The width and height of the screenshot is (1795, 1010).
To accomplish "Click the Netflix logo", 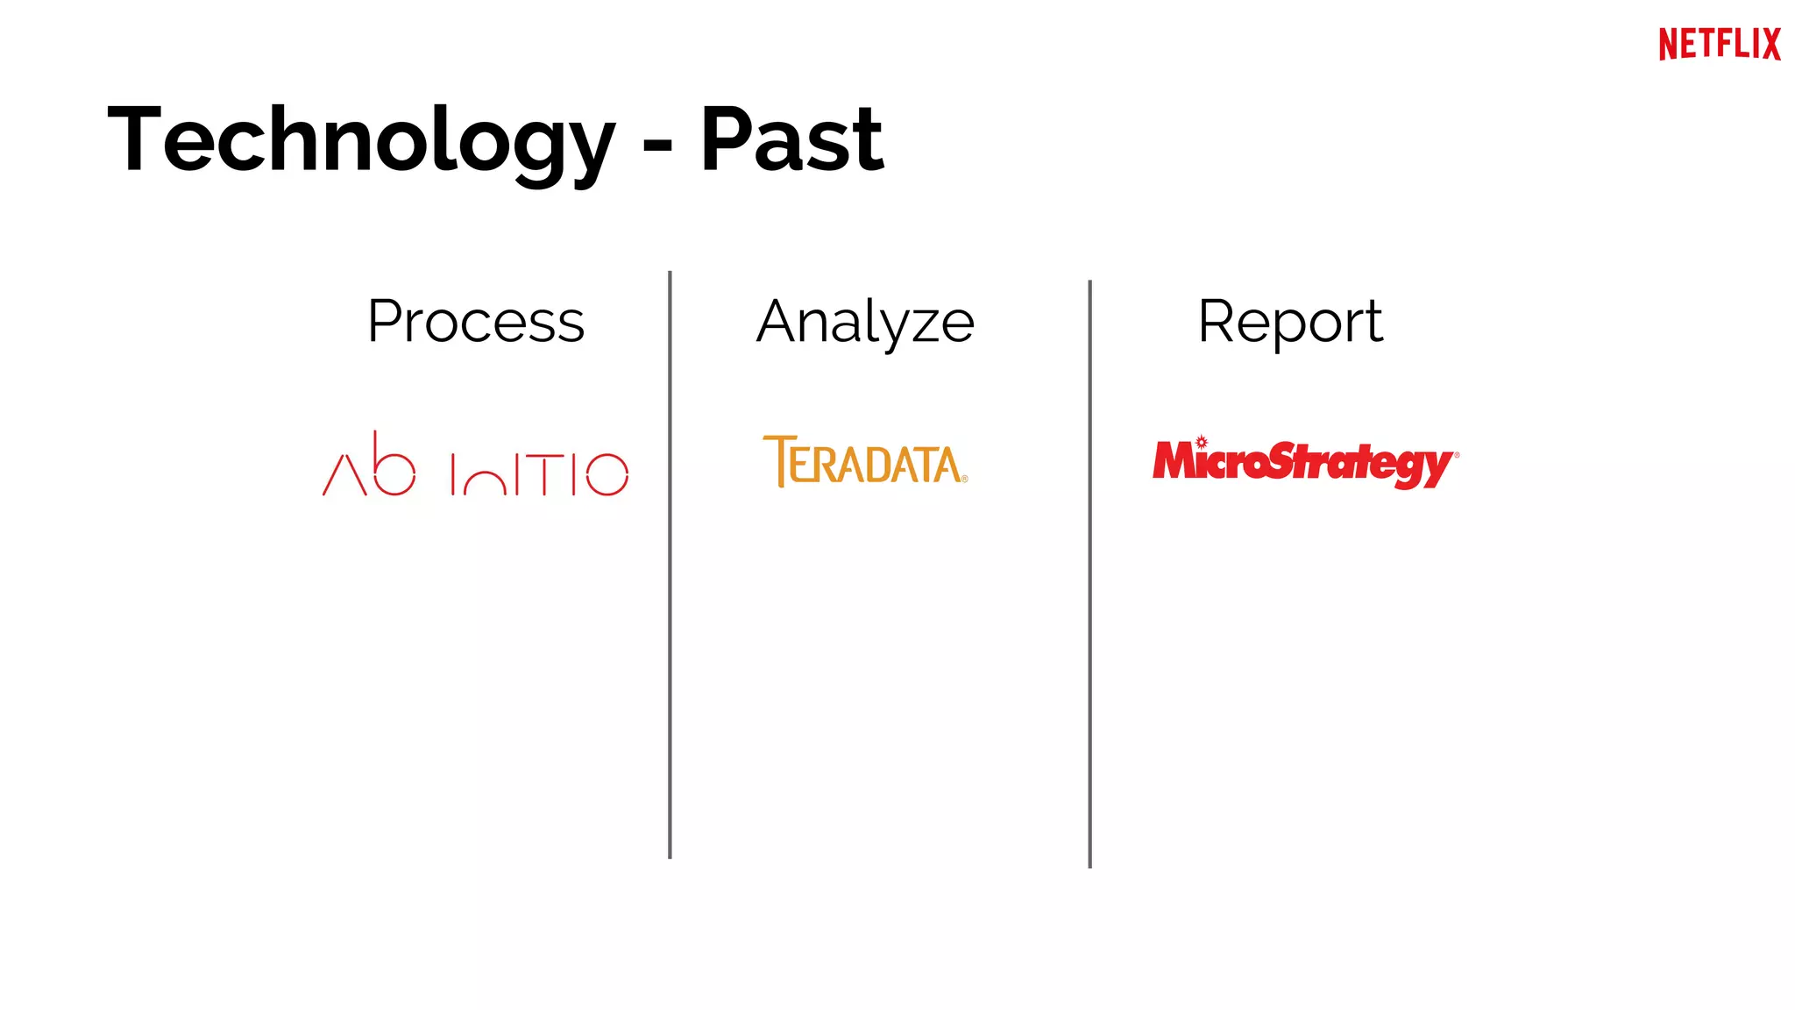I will [x=1719, y=44].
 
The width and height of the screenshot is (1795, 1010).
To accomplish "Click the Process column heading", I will [x=476, y=322].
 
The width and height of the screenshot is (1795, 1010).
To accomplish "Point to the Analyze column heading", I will [x=865, y=323].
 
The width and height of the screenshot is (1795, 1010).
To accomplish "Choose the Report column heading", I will [x=1290, y=322].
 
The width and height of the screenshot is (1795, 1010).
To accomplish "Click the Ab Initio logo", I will [x=475, y=466].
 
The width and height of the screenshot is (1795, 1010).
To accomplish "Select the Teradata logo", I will [x=865, y=461].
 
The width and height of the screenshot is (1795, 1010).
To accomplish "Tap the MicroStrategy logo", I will [x=1305, y=462].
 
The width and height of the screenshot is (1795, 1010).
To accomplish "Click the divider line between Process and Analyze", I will [x=670, y=565].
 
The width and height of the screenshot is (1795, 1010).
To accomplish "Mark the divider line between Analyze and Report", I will [x=1089, y=574].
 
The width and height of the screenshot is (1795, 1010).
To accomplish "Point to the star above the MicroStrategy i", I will [x=1202, y=442].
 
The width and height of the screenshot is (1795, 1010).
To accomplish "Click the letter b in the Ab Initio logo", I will [x=392, y=466].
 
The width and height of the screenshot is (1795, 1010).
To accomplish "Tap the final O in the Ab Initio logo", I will [x=607, y=474].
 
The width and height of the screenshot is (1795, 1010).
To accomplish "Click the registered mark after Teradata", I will [x=964, y=479].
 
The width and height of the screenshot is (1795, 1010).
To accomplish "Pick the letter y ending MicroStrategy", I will [x=1438, y=467].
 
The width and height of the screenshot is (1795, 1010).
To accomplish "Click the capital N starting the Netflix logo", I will [x=1668, y=44].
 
